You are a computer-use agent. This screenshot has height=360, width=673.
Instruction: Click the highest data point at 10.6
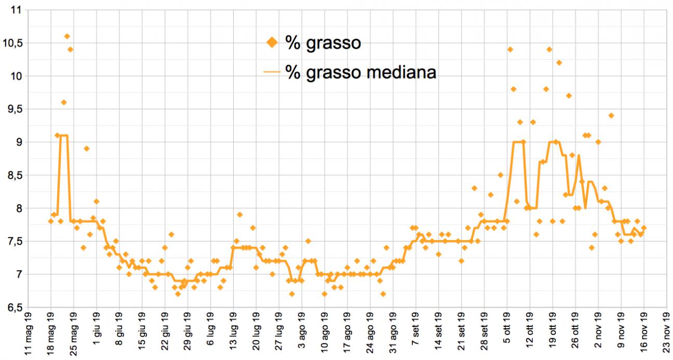(67, 36)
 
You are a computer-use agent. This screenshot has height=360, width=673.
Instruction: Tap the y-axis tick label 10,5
(15, 44)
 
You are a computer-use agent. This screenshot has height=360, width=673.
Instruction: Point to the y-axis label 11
(19, 10)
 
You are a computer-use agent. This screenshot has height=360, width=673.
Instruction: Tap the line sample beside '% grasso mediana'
(272, 73)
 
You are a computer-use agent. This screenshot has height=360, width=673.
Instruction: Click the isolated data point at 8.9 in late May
(87, 149)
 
